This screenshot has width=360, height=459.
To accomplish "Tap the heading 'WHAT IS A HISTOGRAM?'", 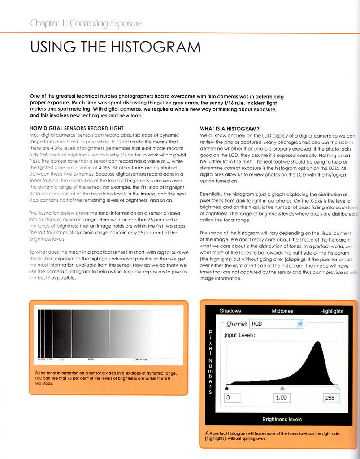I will [x=230, y=129].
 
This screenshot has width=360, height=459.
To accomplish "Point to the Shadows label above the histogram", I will [x=230, y=311].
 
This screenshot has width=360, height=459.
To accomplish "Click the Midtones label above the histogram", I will [x=282, y=311].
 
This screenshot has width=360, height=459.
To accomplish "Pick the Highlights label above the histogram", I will [x=332, y=311].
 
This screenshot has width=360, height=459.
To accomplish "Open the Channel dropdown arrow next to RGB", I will [x=300, y=324].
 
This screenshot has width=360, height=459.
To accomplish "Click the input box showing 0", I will [x=233, y=398].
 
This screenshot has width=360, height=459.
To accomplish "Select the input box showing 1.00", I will [x=282, y=398].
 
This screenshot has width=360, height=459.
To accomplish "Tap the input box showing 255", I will [x=330, y=398].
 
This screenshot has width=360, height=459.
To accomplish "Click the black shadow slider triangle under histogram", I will [x=226, y=388].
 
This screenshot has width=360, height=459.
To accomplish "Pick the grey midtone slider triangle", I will [x=282, y=388].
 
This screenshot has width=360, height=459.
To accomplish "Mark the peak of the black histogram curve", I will [x=318, y=342].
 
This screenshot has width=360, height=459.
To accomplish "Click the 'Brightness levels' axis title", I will [x=282, y=420].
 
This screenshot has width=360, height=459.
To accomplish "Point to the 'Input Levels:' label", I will [x=239, y=335].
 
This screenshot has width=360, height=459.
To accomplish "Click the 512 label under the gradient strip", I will [x=62, y=359].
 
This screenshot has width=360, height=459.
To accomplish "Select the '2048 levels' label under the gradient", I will [x=140, y=359].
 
